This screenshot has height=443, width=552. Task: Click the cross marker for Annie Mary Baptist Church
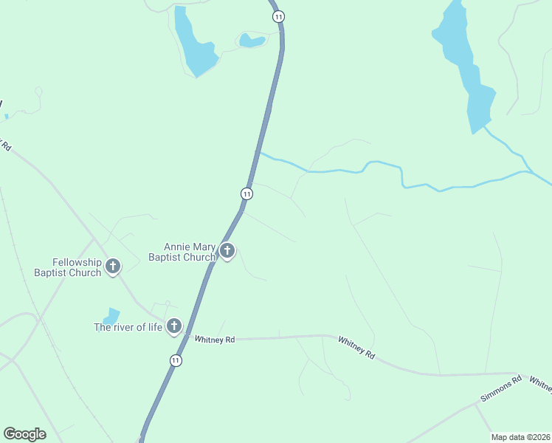click(x=227, y=251)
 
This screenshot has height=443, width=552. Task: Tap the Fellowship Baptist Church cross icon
click(x=113, y=266)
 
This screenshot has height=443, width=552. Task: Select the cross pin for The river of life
click(x=174, y=325)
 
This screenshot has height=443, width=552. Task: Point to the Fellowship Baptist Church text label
click(x=67, y=267)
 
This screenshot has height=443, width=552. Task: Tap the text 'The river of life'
click(x=128, y=327)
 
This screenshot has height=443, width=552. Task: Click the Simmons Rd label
click(x=501, y=388)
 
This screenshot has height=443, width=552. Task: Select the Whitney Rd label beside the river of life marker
click(x=215, y=340)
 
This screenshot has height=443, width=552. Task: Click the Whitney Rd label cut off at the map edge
click(x=540, y=386)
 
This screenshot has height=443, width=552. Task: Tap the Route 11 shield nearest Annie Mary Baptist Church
click(x=246, y=193)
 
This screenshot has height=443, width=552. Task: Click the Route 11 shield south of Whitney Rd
click(x=175, y=360)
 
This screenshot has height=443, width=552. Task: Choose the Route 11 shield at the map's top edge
click(x=277, y=16)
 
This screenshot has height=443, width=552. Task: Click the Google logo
click(x=24, y=434)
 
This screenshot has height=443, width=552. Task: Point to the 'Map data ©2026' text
click(x=520, y=437)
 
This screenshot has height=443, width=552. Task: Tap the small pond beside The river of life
click(x=112, y=315)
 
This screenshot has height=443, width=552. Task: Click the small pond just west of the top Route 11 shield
click(x=252, y=41)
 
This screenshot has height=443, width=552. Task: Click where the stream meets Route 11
click(x=258, y=153)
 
